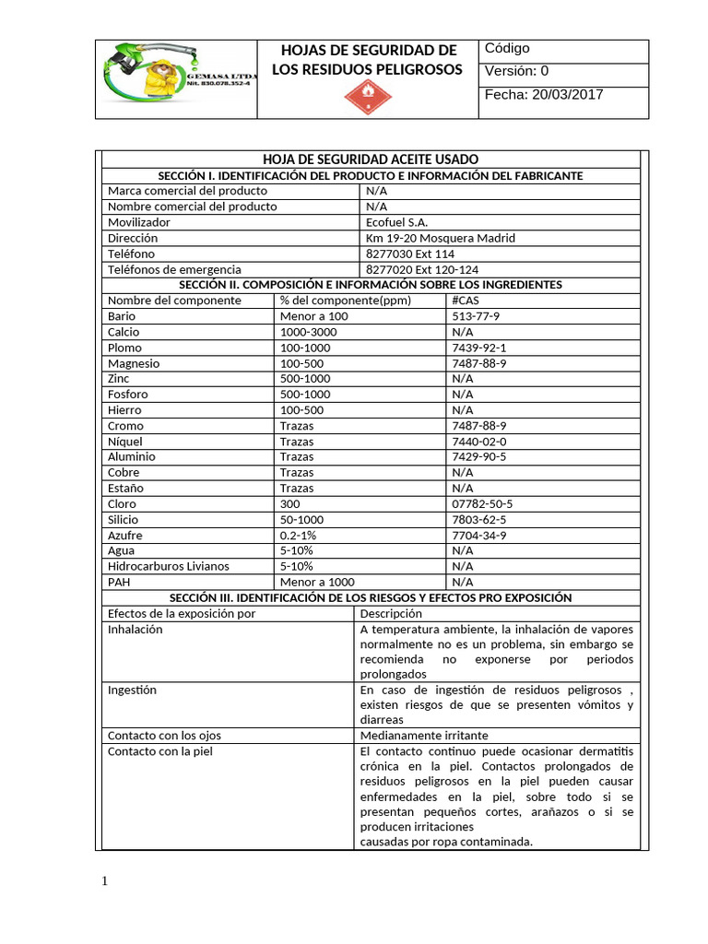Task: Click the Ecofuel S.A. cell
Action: point(396,222)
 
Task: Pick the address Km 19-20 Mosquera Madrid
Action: point(440,238)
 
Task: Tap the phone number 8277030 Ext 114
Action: point(410,254)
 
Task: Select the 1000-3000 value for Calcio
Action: point(308,332)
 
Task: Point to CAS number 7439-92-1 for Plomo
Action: point(479,348)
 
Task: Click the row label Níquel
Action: point(125,442)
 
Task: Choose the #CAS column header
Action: point(467,301)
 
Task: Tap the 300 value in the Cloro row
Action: point(289,504)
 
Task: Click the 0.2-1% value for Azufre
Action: point(298,536)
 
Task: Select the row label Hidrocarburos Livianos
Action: point(169,567)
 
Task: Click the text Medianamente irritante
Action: point(423,736)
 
